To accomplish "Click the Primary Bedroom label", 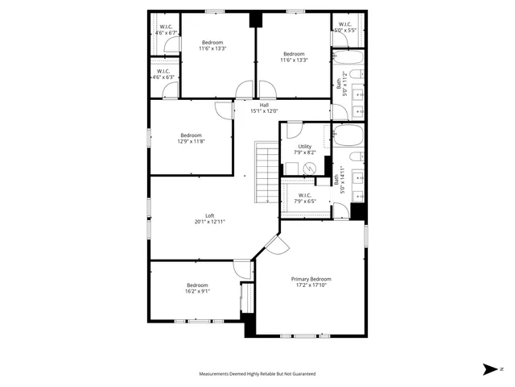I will click(x=311, y=279).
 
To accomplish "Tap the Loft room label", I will click(x=209, y=215).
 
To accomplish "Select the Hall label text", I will click(x=264, y=105).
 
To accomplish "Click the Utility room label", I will click(x=305, y=146).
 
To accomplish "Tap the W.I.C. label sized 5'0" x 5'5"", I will click(x=344, y=24).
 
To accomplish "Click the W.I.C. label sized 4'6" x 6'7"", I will click(x=166, y=27).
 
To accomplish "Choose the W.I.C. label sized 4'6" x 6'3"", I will click(x=163, y=71).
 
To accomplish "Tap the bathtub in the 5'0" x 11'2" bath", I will click(x=348, y=59).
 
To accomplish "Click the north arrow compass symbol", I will click(x=490, y=369).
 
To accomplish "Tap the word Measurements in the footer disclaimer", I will click(x=219, y=374).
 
